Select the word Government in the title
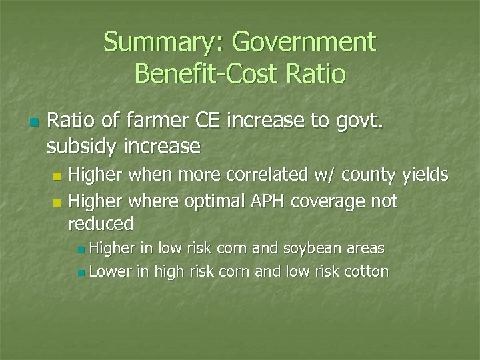pos(303,43)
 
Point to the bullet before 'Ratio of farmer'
pos(34,123)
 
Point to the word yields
pos(427,177)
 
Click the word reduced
pos(101,223)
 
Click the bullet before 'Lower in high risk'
pos(81,273)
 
